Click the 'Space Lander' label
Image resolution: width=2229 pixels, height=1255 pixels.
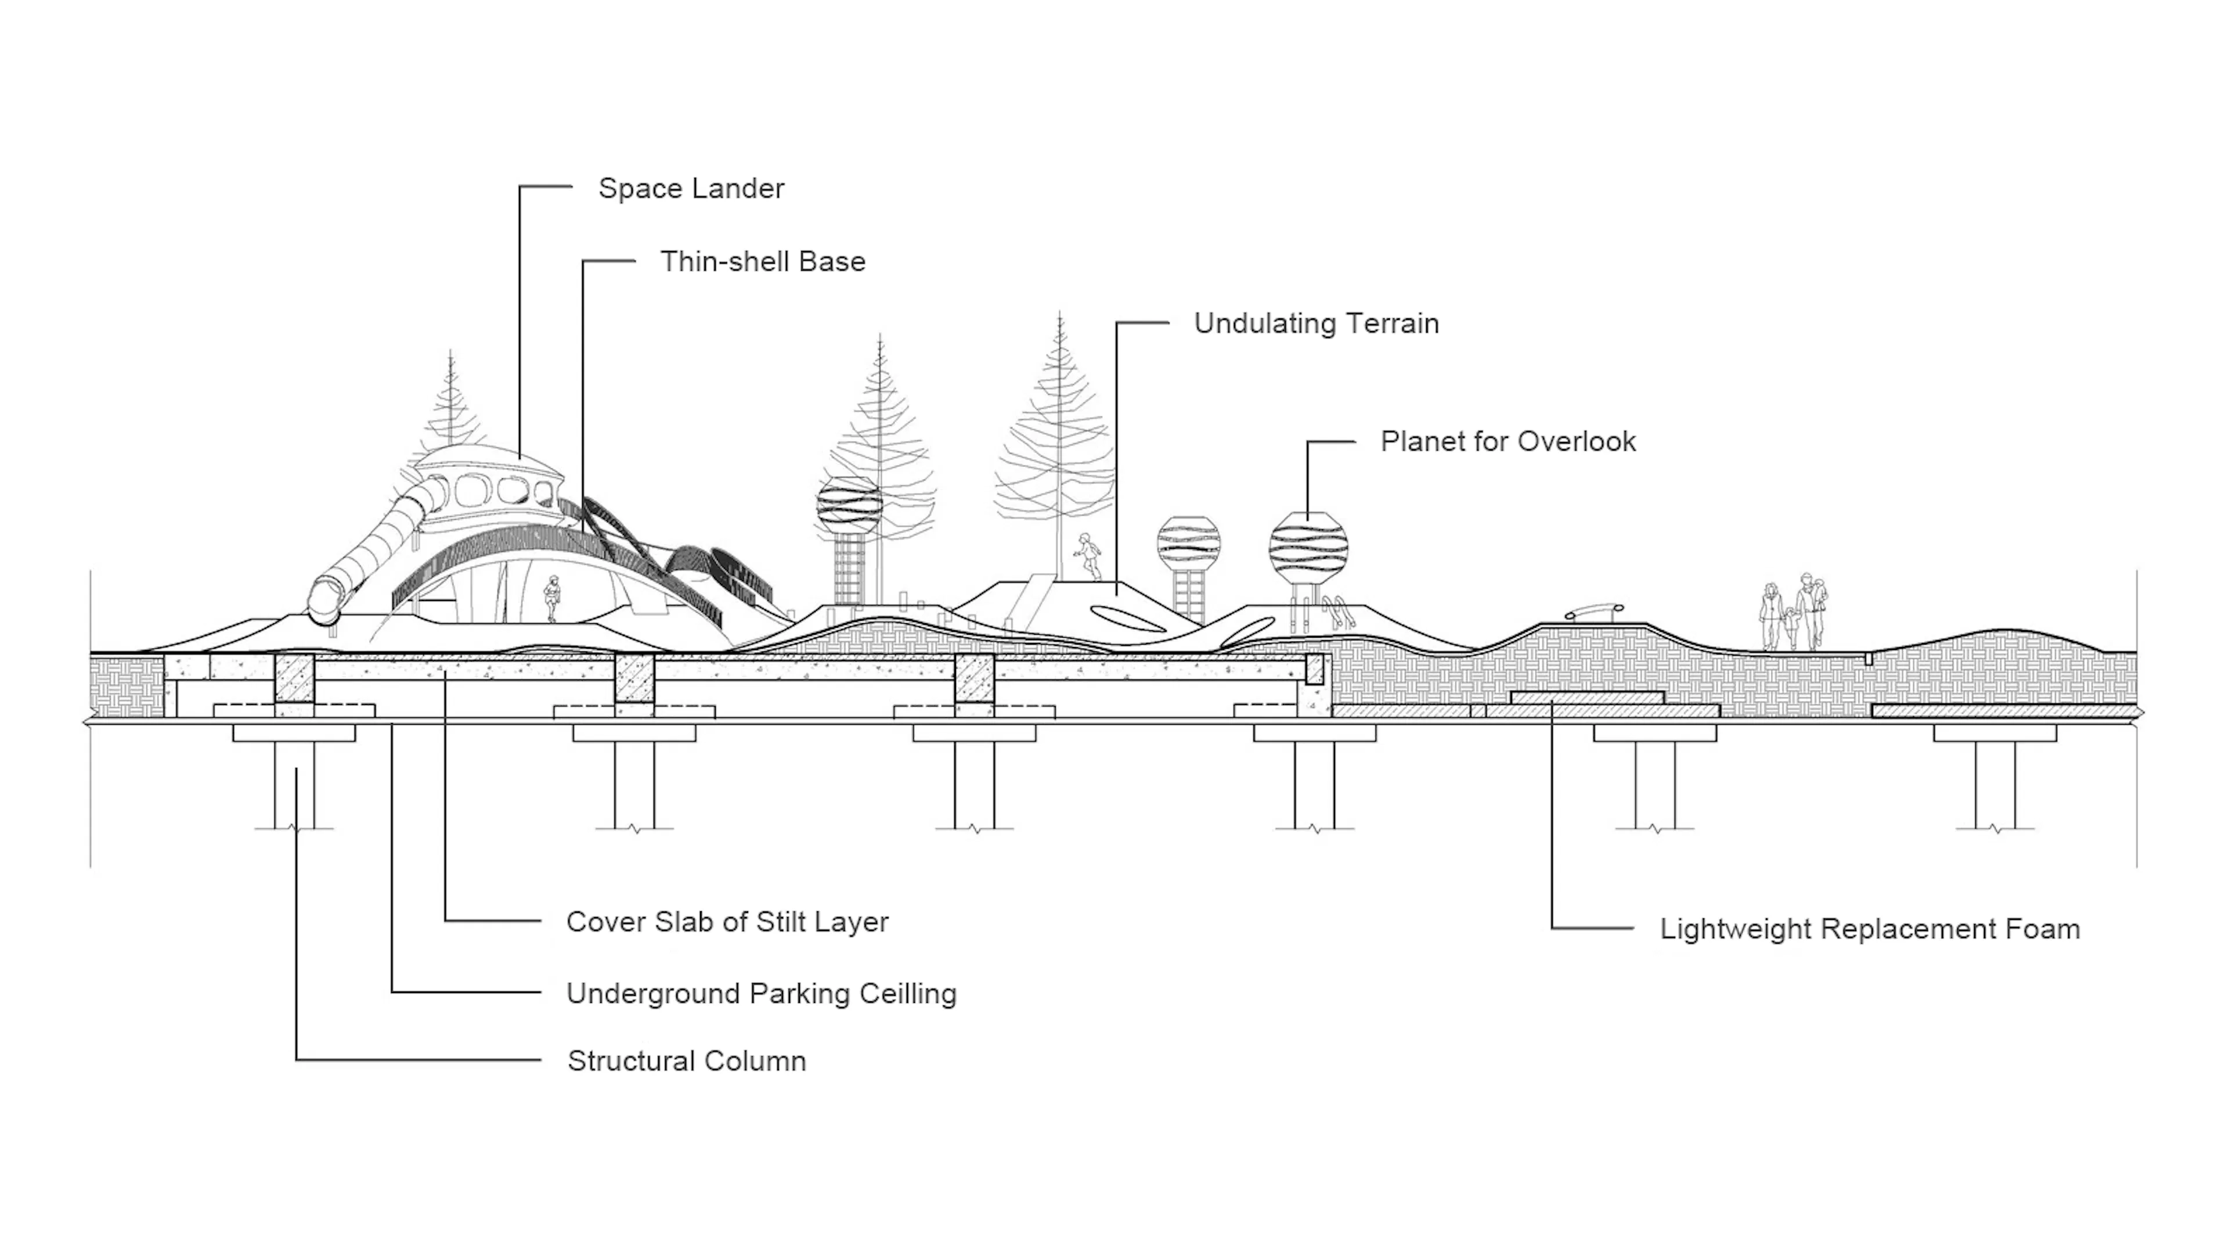[x=691, y=189]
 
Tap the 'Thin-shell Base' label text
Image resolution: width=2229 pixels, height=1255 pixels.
[x=762, y=261]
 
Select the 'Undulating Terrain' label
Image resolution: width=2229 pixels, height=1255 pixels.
[x=1315, y=323]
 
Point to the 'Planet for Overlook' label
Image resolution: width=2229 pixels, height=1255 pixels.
[x=1507, y=441]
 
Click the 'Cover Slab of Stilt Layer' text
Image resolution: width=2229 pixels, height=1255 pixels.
[x=727, y=922]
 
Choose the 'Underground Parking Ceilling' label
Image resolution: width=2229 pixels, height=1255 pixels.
[x=760, y=994]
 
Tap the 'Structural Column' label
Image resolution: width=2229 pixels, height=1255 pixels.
[x=686, y=1061]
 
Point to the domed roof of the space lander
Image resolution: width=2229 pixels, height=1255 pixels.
[x=486, y=459]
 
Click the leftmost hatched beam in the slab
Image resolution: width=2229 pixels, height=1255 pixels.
[x=294, y=677]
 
